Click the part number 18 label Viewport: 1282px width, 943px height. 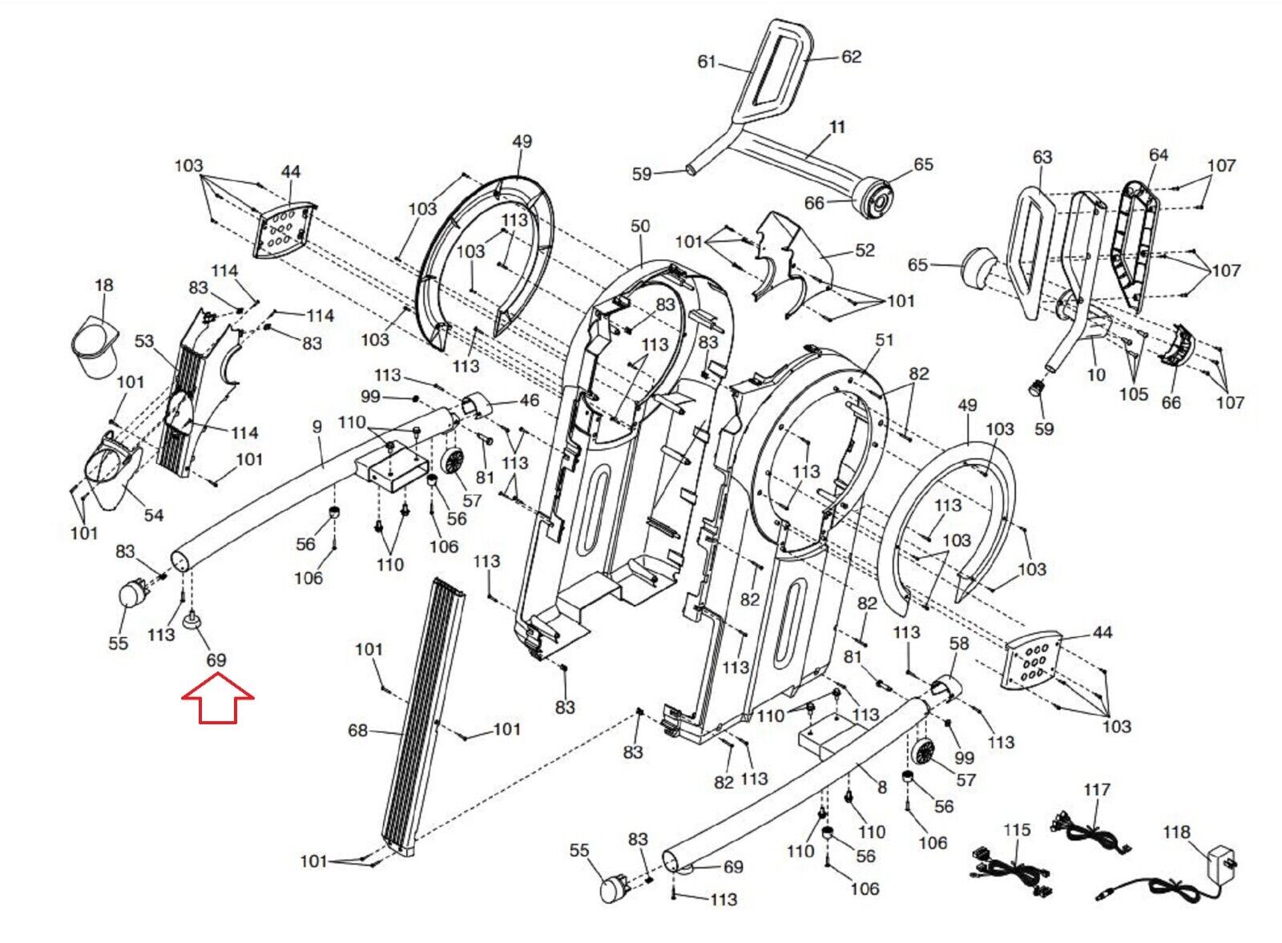pos(103,285)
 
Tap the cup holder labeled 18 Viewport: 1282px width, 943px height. pos(95,349)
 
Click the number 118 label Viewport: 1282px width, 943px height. pos(1177,832)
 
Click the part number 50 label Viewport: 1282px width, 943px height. pos(640,226)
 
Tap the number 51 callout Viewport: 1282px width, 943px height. pos(885,340)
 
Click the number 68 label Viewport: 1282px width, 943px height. pos(357,731)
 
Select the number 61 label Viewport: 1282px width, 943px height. pos(707,61)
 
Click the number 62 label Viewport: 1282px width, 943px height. pos(851,57)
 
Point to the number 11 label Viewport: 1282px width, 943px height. pos(837,127)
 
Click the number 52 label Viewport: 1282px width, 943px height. pos(865,250)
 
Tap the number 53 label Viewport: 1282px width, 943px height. pos(144,341)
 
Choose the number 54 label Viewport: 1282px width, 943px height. pos(153,515)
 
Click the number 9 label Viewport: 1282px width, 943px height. pos(317,426)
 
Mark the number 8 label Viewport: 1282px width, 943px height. pos(882,788)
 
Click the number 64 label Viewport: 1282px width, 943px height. pos(1159,155)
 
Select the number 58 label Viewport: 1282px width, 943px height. pos(959,643)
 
